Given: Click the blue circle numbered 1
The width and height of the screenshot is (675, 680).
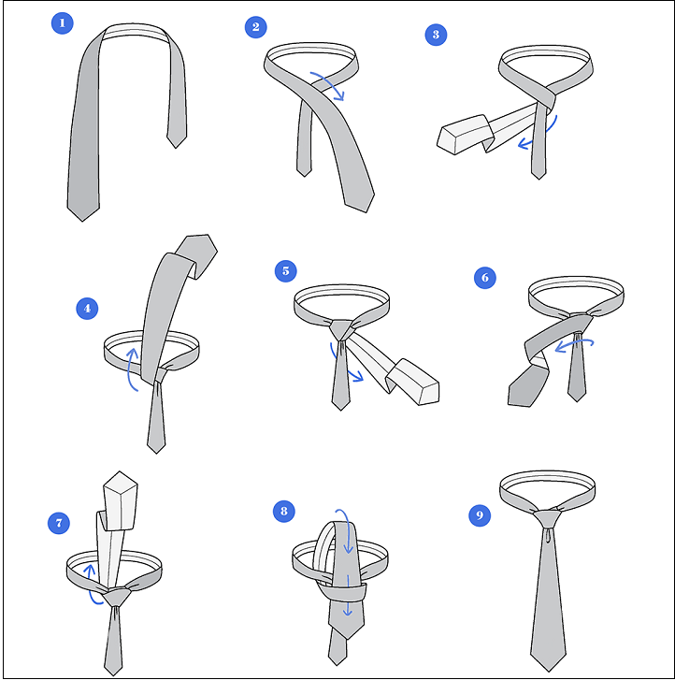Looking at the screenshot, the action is pos(62,23).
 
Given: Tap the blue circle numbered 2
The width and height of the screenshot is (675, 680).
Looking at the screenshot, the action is pos(256,27).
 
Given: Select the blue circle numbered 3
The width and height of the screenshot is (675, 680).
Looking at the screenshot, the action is pos(436,35).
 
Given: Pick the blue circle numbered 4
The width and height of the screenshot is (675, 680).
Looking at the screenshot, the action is pos(87,309).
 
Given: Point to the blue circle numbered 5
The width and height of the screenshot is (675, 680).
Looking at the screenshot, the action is pos(286,271).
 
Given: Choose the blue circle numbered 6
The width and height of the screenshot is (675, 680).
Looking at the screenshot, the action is pos(485,278).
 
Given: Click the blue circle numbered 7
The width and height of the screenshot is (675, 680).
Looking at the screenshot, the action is pos(59,523).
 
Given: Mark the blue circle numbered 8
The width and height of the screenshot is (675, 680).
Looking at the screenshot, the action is pos(284,511).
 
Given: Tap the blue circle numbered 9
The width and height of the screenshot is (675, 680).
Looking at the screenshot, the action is pos(480,515).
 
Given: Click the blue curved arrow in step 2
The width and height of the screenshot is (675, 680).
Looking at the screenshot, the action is pos(333,81).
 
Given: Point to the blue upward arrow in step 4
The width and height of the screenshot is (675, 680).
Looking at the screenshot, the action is pos(130,369).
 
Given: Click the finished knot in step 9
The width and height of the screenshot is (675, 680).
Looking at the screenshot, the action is pos(548,518).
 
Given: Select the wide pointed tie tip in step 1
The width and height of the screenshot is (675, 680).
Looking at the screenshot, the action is pos(83,211).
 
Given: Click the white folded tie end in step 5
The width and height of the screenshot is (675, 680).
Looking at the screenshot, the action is pos(413,382).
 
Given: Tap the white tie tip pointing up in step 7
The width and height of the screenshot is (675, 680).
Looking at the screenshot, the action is pos(120,500).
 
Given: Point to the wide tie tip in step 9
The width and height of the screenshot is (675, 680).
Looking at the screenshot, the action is pos(549,660).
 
